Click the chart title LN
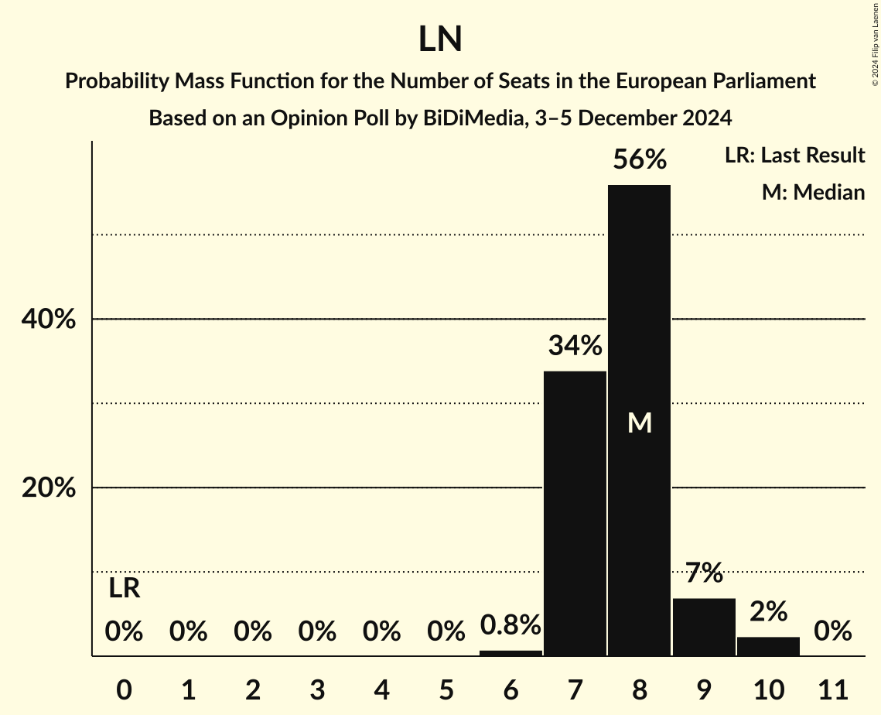coord(440,39)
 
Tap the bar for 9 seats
coord(704,628)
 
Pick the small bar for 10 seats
coord(768,647)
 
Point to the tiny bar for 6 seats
coord(511,653)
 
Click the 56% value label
coord(639,160)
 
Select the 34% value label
coord(575,346)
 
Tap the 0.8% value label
coord(511,625)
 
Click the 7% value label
coord(704,573)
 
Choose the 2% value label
coord(768,611)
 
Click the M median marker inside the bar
coord(640,422)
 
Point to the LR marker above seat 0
coord(124,589)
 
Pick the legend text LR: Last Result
coord(794,156)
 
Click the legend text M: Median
coord(813,192)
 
